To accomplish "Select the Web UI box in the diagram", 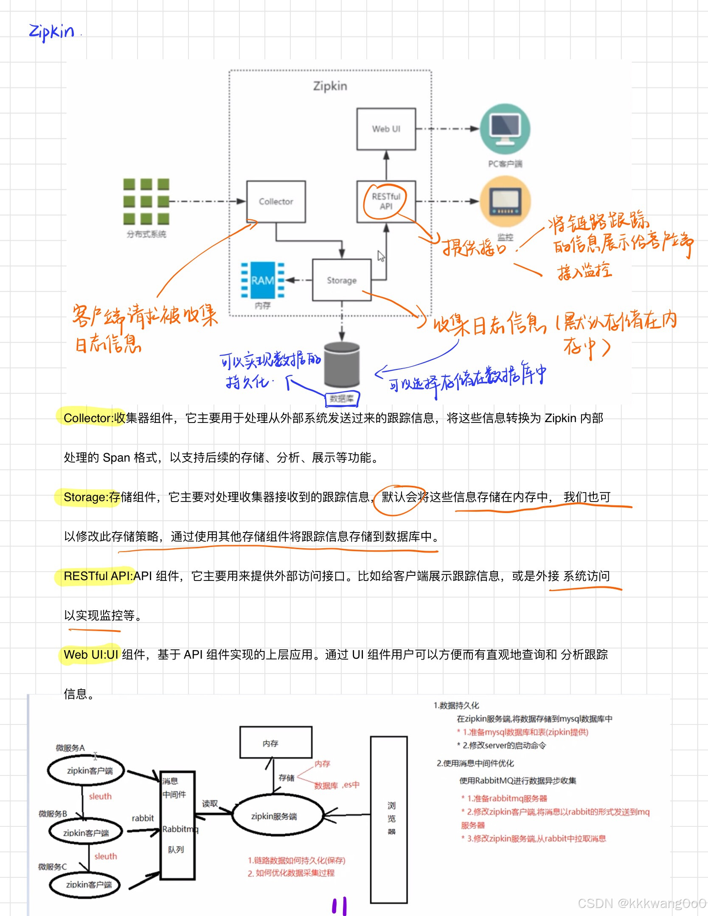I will click(x=386, y=129).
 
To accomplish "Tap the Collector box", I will click(x=276, y=202).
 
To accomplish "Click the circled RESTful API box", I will click(x=386, y=201).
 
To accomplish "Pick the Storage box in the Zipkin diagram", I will click(x=341, y=280).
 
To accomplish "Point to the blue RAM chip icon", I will click(x=262, y=280).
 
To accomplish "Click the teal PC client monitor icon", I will click(x=505, y=129).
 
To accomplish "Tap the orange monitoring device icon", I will click(x=505, y=202).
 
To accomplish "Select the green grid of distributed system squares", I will click(x=146, y=201).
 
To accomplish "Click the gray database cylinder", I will click(x=342, y=364).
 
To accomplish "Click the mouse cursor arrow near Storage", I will click(x=381, y=256).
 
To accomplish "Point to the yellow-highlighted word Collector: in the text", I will click(x=88, y=418).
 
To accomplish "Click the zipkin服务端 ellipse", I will click(x=274, y=816).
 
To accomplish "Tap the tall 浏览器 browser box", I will click(x=389, y=820).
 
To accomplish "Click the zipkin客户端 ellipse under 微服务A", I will click(x=86, y=771).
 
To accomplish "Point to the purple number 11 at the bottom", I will click(x=339, y=906).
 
